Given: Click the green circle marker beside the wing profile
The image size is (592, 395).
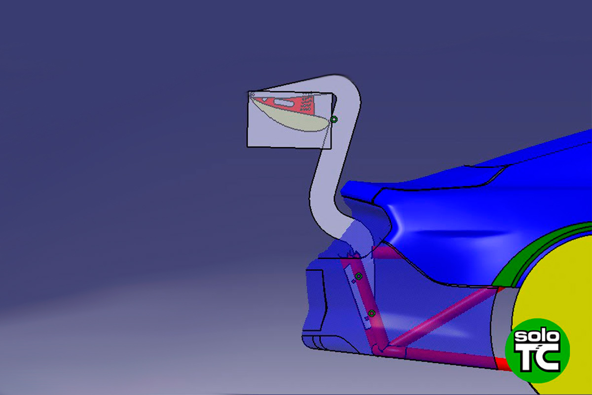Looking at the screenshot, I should pos(334,119).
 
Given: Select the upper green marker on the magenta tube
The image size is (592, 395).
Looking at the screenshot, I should pos(359,276).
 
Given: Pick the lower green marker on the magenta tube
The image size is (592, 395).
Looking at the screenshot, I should pos(371,314).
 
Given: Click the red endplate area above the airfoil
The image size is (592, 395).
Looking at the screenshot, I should pos(296,104).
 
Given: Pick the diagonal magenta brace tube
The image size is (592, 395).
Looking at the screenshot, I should pos(439,316).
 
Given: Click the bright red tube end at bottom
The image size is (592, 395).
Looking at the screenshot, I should pos(502,364).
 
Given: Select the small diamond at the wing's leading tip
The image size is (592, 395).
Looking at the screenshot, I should pos(252,94).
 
